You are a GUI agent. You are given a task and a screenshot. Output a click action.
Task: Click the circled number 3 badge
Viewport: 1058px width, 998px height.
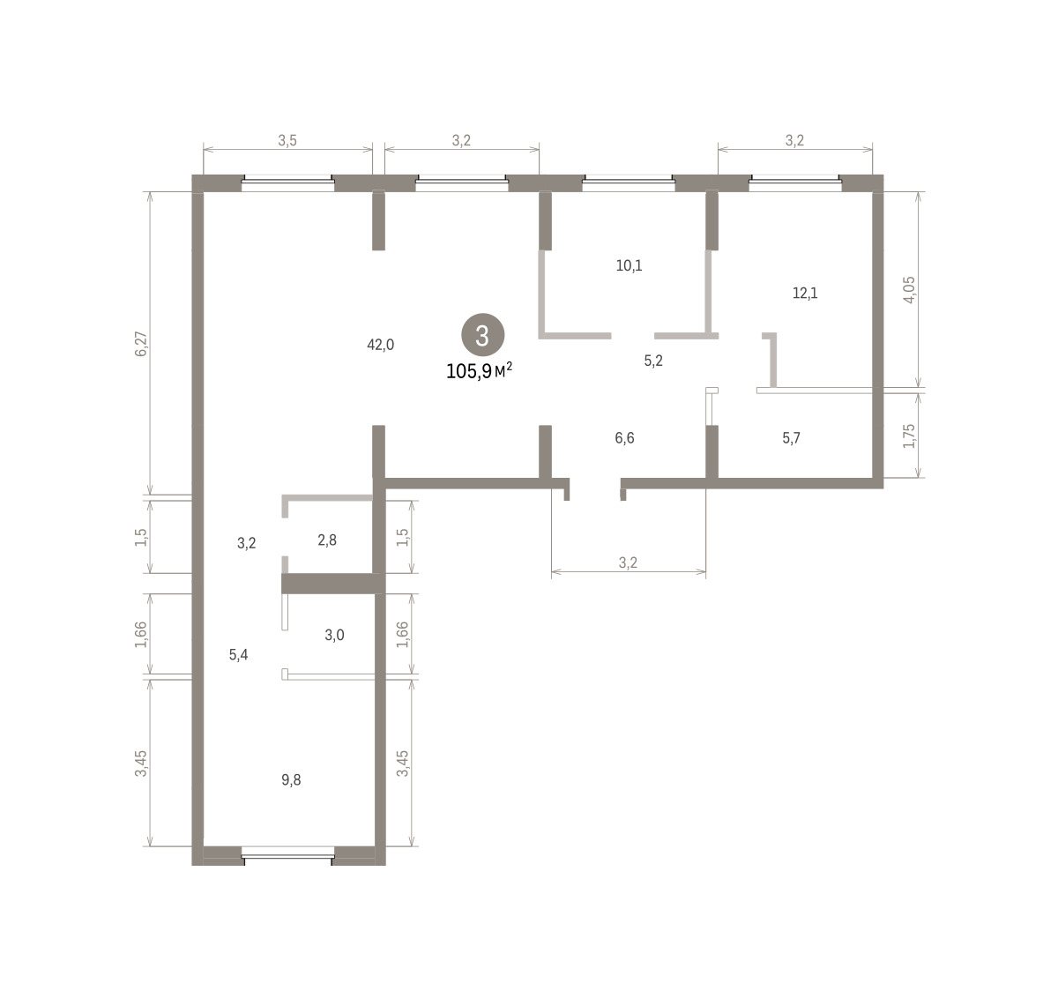coord(482,335)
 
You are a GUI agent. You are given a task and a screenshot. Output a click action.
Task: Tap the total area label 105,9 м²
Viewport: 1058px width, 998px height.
coord(479,370)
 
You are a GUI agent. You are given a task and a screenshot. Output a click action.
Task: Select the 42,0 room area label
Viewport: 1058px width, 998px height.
coord(380,345)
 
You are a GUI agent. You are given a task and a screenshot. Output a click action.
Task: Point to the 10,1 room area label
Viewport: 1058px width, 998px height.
coord(630,265)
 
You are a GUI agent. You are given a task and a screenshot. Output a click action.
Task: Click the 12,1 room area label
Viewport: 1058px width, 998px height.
coord(805,293)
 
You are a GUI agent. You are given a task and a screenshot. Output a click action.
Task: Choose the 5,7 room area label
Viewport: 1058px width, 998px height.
coord(791,438)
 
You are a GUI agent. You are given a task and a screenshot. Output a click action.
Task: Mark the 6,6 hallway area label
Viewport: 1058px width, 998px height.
coord(624,438)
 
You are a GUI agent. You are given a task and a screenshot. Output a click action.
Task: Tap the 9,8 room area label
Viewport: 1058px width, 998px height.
coord(292,780)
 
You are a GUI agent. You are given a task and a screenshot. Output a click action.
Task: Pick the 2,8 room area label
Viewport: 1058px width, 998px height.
coord(327,540)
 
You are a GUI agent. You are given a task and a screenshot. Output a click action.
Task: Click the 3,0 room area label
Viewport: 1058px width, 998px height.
coord(334,635)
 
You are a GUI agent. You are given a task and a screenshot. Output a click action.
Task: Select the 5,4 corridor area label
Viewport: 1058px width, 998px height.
coord(239,655)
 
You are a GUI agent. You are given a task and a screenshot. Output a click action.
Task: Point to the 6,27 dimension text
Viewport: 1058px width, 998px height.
coord(141,344)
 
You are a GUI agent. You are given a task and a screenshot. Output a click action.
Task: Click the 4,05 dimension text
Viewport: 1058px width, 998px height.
coord(909,290)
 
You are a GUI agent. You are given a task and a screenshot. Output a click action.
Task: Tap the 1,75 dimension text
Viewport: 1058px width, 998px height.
coord(909,436)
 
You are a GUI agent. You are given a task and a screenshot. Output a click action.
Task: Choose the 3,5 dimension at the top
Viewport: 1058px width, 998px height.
coord(287,141)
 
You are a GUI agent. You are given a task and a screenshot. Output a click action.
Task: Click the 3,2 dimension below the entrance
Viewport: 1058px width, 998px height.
coord(628,562)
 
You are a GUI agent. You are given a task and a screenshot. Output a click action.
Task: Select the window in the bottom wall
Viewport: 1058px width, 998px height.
coord(288,857)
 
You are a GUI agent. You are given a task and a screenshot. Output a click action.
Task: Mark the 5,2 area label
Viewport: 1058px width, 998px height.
coord(653,361)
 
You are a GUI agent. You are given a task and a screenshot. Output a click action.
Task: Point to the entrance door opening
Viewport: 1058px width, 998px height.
coord(595,484)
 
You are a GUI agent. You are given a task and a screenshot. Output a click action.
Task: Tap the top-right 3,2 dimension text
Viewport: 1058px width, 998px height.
coord(794,141)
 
